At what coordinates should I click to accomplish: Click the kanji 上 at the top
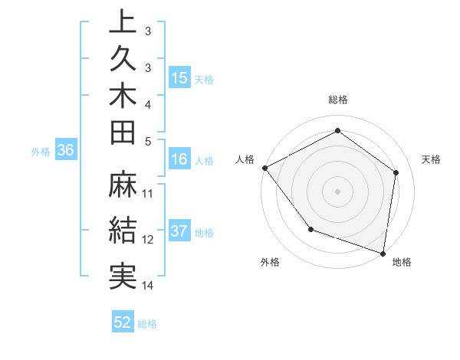[x=122, y=22]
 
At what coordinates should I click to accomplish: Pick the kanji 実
[x=122, y=275]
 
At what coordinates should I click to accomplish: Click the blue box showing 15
[x=179, y=78]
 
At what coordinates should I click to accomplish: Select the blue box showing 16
[x=179, y=159]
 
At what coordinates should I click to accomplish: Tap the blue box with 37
[x=179, y=232]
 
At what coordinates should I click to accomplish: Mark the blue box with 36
[x=65, y=151]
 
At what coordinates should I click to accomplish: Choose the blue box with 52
[x=123, y=322]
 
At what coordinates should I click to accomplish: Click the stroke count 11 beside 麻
[x=149, y=193]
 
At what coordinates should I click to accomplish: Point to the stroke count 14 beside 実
[x=149, y=286]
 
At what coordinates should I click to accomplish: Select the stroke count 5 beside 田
[x=149, y=141]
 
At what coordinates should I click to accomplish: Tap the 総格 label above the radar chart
[x=337, y=100]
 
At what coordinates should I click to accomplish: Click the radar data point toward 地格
[x=383, y=253]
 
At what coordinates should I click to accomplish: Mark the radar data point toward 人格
[x=264, y=168]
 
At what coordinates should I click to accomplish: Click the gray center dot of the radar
[x=337, y=191]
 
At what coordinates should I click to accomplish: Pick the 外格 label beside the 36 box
[x=41, y=152]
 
